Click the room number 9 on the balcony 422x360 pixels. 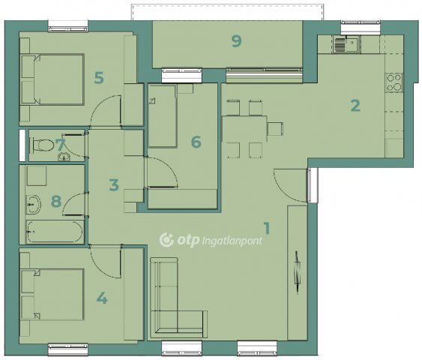(237, 41)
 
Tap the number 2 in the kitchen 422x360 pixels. (355, 106)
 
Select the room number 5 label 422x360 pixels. (99, 78)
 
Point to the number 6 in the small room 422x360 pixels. (196, 142)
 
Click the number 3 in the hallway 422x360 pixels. (114, 185)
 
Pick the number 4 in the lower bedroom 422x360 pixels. (102, 298)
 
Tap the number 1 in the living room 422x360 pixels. (267, 228)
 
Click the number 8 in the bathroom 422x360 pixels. (56, 201)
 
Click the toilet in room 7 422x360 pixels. (43, 145)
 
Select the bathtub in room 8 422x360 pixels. (55, 232)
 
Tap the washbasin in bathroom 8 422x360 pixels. (34, 205)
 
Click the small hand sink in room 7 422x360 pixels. (64, 157)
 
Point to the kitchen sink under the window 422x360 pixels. (347, 45)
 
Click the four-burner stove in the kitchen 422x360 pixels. (394, 83)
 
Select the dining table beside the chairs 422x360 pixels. (244, 129)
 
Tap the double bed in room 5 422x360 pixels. (52, 79)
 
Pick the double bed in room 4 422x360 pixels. (52, 295)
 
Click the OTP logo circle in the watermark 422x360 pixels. (167, 240)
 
